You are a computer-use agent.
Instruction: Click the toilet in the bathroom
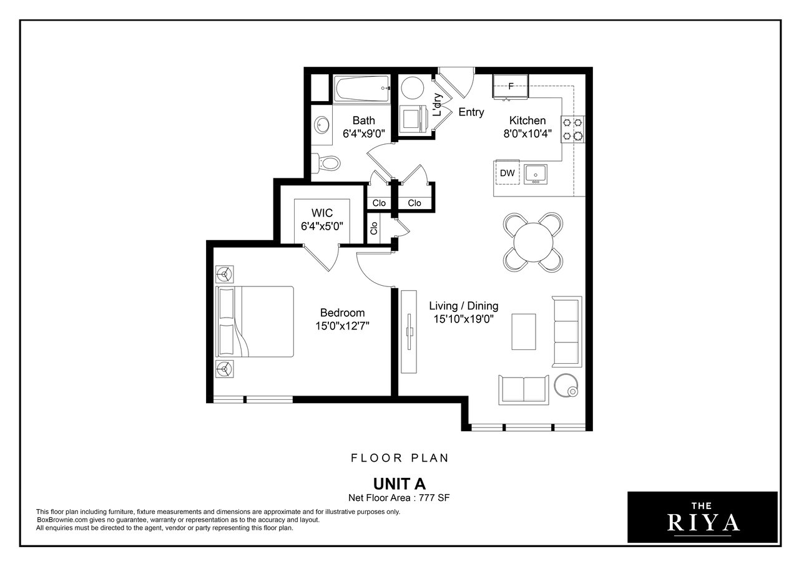(326, 163)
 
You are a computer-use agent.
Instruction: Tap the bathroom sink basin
(323, 125)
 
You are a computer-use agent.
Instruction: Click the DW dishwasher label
(507, 173)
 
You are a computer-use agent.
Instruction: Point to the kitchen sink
(536, 174)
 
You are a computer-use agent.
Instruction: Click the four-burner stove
(572, 129)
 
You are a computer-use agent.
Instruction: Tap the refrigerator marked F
(511, 86)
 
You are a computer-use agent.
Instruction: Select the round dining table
(533, 243)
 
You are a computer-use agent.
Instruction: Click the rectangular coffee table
(524, 332)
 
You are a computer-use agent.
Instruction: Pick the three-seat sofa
(567, 331)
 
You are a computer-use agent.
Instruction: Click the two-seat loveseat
(524, 390)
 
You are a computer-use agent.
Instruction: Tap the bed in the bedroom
(255, 321)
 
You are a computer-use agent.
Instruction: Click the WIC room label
(322, 213)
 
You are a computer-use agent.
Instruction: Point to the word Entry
(471, 112)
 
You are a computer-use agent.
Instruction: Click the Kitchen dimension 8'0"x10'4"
(527, 134)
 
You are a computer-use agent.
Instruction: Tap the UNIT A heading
(399, 484)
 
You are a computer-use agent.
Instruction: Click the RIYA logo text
(703, 523)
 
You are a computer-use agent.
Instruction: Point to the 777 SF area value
(434, 498)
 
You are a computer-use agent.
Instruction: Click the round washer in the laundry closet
(413, 88)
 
